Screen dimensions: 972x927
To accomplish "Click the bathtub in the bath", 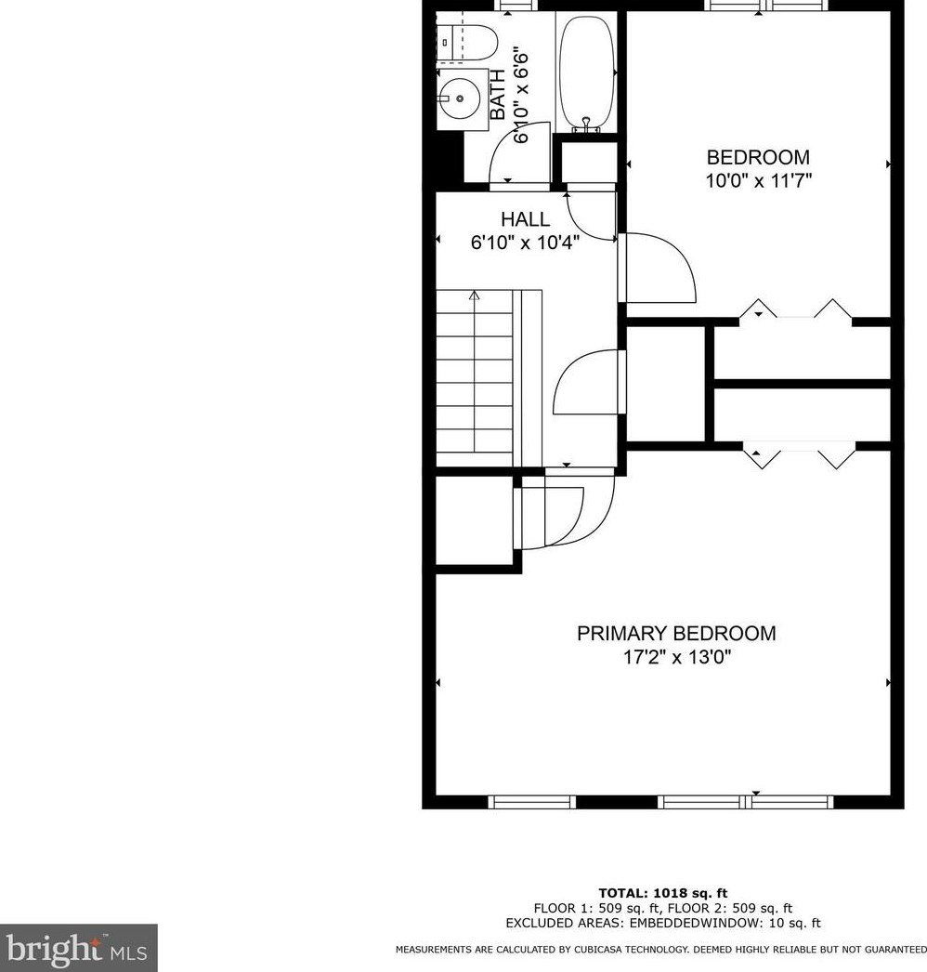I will point(586,72).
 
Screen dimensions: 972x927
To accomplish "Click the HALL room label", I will point(525,220).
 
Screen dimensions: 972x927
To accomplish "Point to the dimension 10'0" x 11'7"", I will point(759,181).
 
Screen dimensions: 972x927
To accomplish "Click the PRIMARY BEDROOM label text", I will point(676,634).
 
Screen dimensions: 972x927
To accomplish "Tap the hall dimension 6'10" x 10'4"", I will point(526,244).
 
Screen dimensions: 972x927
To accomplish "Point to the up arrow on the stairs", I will point(475,296).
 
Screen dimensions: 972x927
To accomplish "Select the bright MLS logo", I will point(78,948).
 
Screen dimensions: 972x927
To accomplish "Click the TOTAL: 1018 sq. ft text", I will point(656,893).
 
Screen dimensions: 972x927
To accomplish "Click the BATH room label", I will point(499,95).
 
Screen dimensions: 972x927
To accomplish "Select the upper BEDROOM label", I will point(758,157).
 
